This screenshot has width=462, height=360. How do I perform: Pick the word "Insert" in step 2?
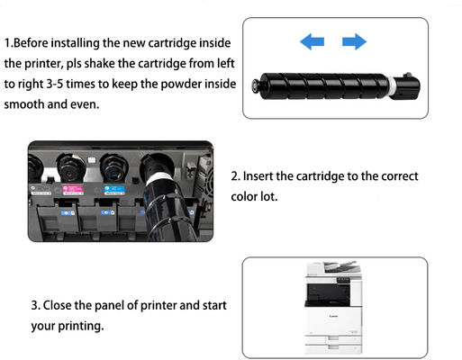(266, 176)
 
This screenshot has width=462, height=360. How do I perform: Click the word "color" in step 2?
(249, 197)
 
